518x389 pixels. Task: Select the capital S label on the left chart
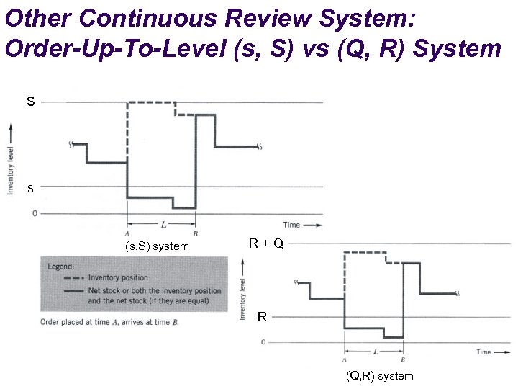click(x=30, y=102)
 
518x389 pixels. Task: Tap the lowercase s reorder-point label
click(x=30, y=189)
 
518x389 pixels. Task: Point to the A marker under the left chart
click(x=127, y=233)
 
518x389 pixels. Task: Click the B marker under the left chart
click(x=196, y=233)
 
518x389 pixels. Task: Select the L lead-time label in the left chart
click(x=163, y=225)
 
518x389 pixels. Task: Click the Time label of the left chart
click(x=291, y=225)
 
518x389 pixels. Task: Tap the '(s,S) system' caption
click(x=157, y=246)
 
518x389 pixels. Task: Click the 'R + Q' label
click(x=266, y=243)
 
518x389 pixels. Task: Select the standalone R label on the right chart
click(x=262, y=316)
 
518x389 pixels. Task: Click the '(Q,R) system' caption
click(x=379, y=376)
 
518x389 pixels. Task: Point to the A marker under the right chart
click(x=345, y=359)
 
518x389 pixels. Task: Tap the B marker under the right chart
click(x=402, y=359)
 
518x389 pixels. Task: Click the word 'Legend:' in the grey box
click(x=60, y=266)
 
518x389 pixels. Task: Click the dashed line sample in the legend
click(x=74, y=277)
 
